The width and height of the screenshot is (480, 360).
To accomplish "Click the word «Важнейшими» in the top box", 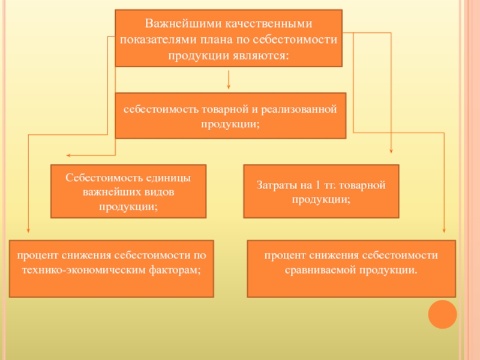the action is click(x=178, y=24).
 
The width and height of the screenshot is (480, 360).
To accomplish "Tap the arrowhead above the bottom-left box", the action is click(x=28, y=231).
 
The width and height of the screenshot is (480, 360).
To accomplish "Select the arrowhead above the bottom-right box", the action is click(x=444, y=231).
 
